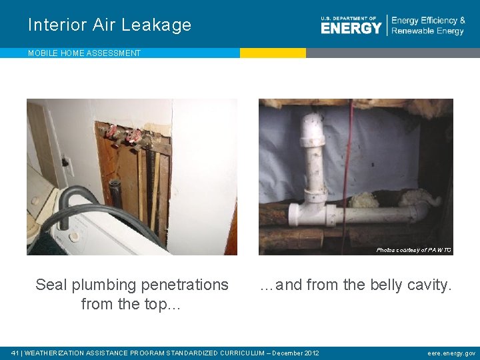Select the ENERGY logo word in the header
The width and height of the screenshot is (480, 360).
coord(351,27)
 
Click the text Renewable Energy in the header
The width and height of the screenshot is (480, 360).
coord(427,31)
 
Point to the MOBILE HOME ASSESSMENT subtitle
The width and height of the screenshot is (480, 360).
coord(84,53)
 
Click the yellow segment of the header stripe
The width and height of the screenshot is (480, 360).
coord(273,53)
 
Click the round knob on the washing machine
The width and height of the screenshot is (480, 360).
coord(75,235)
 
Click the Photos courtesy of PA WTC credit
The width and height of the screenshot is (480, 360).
coord(413,250)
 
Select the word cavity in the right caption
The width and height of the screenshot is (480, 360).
coord(429,285)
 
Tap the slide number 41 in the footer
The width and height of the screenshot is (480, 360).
coord(15,353)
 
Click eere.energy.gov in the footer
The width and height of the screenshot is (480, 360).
coord(451,353)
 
